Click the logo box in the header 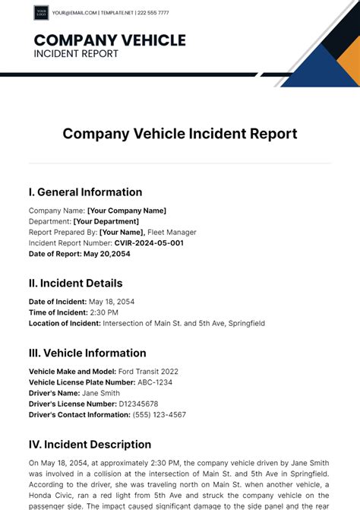(x=41, y=13)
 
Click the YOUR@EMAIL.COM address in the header (x=74, y=13)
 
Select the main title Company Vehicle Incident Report (x=180, y=134)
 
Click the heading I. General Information (x=85, y=192)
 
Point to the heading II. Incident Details (x=75, y=284)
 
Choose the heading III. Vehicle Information (x=87, y=353)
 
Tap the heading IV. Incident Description (x=90, y=445)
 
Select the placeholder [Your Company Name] (x=127, y=211)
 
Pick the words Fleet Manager (x=172, y=233)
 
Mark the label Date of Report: (x=55, y=254)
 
